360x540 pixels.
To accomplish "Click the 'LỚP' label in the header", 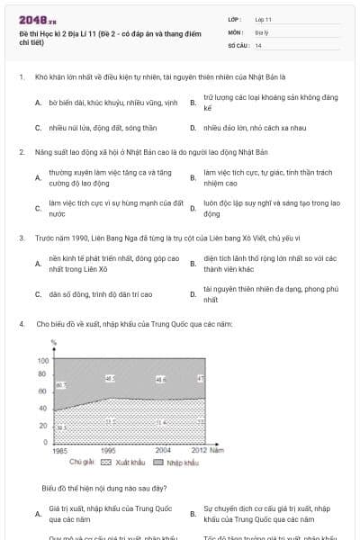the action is point(235,18).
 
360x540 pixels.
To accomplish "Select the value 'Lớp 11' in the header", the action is point(263,18).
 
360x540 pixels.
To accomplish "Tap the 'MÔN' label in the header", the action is point(236,31).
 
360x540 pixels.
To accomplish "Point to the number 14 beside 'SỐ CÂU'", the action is point(258,44).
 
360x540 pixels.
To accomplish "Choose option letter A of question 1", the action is point(38,103).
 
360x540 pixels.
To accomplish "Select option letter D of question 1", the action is point(193,128).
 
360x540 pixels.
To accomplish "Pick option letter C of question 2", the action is point(38,209).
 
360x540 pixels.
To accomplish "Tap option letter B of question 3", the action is point(193,264).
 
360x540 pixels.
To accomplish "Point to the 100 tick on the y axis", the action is point(43,361).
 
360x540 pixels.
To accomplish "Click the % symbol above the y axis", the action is point(54,343).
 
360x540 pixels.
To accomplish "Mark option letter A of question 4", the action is point(38,514).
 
